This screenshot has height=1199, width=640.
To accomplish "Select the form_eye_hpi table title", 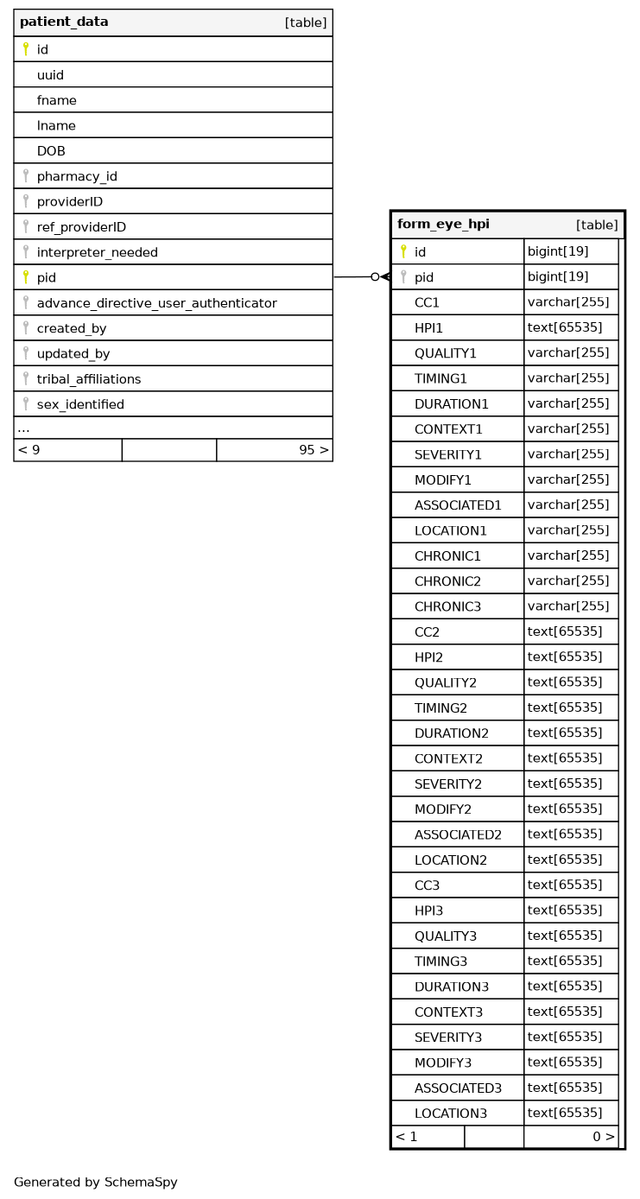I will (x=443, y=225).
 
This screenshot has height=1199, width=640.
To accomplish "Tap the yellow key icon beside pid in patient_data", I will (x=26, y=277).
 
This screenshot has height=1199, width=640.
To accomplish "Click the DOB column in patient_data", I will (x=51, y=151).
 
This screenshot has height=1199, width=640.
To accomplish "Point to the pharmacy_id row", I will (x=77, y=176).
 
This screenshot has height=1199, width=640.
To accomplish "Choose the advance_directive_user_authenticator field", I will (x=156, y=303).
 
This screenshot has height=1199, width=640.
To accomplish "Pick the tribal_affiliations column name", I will (x=88, y=379).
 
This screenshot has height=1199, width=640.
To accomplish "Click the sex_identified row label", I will (x=80, y=404).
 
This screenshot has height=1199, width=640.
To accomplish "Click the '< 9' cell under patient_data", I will (x=29, y=450).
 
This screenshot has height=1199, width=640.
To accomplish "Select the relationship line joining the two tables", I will (x=354, y=277).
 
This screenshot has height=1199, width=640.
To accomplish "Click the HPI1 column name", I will (x=428, y=328).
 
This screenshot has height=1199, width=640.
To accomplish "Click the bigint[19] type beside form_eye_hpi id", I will (x=558, y=252).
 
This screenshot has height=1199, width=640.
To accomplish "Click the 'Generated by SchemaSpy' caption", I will (x=96, y=1183).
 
